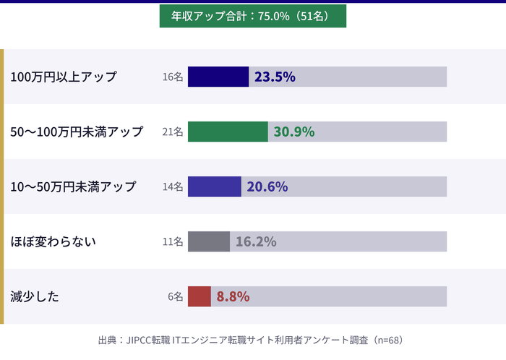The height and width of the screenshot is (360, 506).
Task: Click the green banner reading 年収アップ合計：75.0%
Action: [x=252, y=15]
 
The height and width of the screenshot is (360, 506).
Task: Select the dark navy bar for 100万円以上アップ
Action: [x=218, y=77]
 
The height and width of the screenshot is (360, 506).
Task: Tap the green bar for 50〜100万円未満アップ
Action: [x=228, y=132]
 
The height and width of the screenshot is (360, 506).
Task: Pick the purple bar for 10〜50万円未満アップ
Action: [x=215, y=187]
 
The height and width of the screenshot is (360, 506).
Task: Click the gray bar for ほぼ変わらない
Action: [x=209, y=241]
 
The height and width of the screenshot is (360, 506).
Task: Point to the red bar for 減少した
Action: [x=200, y=296]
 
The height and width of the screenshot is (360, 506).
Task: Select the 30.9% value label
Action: [x=293, y=132]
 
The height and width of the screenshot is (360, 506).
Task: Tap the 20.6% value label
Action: [x=267, y=187]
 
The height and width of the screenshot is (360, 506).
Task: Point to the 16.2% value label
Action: [x=256, y=241]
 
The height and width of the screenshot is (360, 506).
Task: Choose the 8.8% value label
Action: [x=233, y=296]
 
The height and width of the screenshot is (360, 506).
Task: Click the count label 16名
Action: [x=173, y=77]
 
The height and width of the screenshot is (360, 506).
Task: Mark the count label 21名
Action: [x=173, y=132]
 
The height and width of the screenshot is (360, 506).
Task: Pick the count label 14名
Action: [x=173, y=187]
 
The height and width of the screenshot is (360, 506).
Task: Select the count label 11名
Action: [x=173, y=241]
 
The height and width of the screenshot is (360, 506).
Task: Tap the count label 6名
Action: [x=176, y=296]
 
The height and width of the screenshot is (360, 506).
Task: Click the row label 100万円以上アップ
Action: [x=64, y=77]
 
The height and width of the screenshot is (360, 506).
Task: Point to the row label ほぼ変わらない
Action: [x=53, y=241]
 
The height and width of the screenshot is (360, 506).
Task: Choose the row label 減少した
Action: [x=35, y=296]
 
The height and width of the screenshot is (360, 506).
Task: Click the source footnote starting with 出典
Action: [x=250, y=339]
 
